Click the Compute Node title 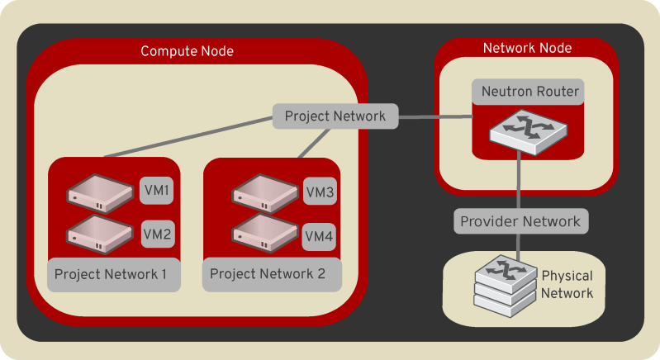187,51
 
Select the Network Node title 527,48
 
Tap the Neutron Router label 527,92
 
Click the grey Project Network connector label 335,116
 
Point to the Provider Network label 520,221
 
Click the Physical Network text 567,283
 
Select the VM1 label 157,191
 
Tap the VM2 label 157,234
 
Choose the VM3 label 319,192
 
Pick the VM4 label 319,237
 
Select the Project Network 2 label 268,273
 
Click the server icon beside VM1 100,192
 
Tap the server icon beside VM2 100,234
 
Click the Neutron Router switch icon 520,129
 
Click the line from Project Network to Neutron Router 434,117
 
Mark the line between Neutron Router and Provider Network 520,182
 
